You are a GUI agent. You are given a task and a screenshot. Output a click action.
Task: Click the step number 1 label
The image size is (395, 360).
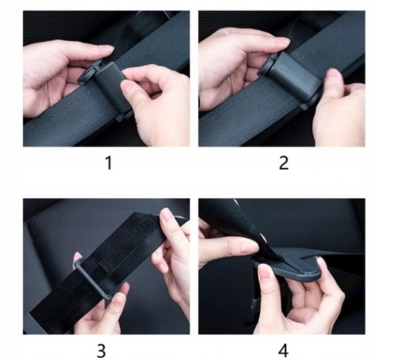pos(109,163)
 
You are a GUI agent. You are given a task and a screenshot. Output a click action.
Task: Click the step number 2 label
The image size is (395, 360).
pos(284,163)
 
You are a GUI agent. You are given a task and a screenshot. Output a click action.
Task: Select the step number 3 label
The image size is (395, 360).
pos(101,351)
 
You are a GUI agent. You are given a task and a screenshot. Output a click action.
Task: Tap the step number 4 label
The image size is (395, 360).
pos(283,351)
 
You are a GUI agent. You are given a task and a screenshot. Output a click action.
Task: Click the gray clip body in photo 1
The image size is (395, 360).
pos(110,86)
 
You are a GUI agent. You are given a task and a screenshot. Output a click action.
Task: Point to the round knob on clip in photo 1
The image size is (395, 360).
pos(87,76)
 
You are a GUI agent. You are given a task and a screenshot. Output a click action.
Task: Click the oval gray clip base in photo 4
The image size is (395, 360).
pos(287,271)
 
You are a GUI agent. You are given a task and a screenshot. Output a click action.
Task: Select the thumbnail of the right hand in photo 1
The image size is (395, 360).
pos(126,89)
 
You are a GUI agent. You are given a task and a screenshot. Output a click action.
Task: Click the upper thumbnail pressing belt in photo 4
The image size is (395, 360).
pos(250,246)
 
